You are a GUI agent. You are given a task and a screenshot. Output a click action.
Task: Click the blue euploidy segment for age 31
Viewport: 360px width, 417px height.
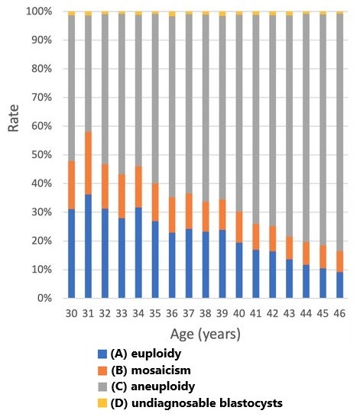88,246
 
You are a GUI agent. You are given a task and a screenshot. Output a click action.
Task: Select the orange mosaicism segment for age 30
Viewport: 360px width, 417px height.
71,185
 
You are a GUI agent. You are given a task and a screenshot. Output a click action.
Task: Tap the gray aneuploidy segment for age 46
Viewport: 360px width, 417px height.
339,132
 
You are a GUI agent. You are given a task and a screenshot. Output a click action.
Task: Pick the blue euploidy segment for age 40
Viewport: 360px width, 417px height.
239,270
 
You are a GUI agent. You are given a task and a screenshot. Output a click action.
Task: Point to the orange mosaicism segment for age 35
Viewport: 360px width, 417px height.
155,202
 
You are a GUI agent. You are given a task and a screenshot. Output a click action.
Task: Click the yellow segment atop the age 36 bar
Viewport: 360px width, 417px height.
172,14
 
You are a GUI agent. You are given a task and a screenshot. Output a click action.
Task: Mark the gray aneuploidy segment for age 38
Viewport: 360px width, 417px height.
206,108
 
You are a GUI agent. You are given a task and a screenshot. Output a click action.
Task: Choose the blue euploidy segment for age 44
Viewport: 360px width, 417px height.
306,281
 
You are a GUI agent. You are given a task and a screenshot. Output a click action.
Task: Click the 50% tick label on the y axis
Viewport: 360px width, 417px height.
42,155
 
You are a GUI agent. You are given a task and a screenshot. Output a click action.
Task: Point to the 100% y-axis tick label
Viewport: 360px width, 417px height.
39,11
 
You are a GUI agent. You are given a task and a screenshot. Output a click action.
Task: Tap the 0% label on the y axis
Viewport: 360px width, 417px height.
44,298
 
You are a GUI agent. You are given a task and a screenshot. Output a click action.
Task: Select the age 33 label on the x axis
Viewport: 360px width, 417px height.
122,314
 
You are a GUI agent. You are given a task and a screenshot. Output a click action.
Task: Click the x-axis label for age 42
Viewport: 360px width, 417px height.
272,314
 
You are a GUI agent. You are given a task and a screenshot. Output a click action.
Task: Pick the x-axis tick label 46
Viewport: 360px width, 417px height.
339,314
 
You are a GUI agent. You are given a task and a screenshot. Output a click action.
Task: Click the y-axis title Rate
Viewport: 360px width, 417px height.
13,118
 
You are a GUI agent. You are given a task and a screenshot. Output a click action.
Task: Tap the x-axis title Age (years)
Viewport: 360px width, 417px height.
206,335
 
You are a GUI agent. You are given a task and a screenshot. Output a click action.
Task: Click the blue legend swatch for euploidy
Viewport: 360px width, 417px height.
102,354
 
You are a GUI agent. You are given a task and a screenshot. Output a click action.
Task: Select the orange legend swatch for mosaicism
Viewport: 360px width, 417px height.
102,370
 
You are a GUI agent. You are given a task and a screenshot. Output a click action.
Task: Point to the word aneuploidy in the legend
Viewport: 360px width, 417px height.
163,387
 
